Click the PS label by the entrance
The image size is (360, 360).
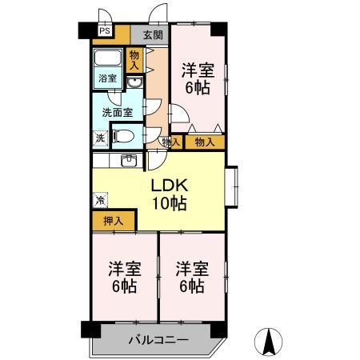[105, 33]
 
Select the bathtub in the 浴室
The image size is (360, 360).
[107, 60]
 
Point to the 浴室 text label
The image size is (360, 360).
[107, 79]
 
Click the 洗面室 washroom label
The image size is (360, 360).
[117, 113]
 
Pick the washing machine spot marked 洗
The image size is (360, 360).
[99, 137]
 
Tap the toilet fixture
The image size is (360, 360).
[126, 136]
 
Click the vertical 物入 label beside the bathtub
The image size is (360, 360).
[134, 59]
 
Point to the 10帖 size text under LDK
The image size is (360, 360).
[170, 203]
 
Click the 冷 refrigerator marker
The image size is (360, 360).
[100, 198]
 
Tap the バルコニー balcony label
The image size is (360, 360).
[158, 340]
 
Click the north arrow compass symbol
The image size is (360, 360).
[270, 342]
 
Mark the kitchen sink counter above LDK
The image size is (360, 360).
[128, 160]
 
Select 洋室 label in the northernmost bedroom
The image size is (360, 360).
[197, 69]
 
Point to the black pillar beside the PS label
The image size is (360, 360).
[85, 33]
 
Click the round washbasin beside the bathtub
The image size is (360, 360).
[134, 82]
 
